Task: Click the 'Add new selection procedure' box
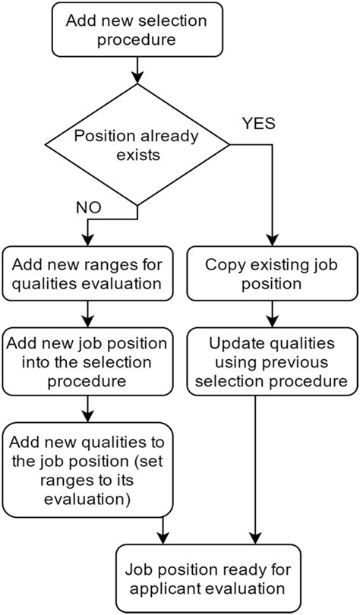click(137, 30)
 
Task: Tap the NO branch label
click(89, 205)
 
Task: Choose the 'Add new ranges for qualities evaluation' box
click(89, 275)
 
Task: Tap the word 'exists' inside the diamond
click(137, 156)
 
